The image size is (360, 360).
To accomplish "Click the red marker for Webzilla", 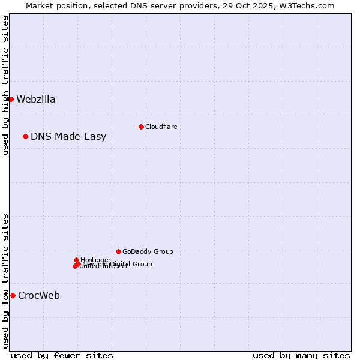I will click(11, 99).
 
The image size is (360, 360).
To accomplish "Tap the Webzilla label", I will click(36, 100).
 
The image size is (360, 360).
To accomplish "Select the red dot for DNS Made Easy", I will click(25, 137).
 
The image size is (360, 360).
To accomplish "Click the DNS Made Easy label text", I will click(68, 137).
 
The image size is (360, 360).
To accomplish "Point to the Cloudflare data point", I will click(141, 127).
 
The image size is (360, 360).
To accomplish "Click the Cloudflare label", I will click(161, 127).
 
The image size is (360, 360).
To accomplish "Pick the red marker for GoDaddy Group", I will click(118, 252).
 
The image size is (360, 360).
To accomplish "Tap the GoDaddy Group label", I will click(148, 252).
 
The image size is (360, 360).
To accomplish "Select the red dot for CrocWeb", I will click(13, 295).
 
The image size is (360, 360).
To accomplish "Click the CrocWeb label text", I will click(39, 296).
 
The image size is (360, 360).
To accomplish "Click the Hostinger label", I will click(95, 260).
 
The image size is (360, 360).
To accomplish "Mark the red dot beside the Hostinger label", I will click(76, 260).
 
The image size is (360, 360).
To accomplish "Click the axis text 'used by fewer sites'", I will click(62, 355).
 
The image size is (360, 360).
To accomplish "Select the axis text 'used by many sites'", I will click(301, 355).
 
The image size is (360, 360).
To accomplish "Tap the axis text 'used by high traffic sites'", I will click(5, 85).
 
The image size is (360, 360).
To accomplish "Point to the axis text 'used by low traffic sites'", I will click(5, 281).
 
